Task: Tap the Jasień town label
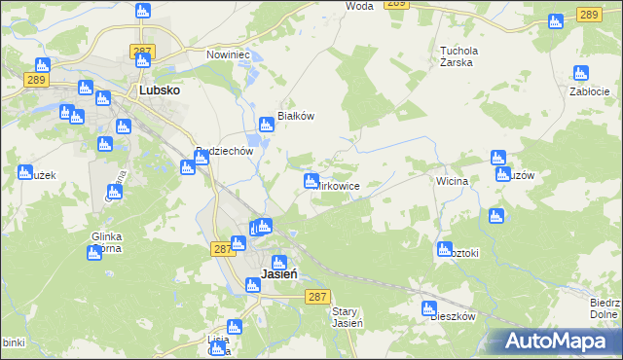coord(279,275)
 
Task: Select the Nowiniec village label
coord(229,54)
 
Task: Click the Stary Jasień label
coord(348,317)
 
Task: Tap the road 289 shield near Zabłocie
coord(586,14)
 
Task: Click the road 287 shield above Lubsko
coord(143,50)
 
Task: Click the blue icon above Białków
coord(266,125)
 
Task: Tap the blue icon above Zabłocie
coord(581,73)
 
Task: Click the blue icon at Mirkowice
coord(311,181)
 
